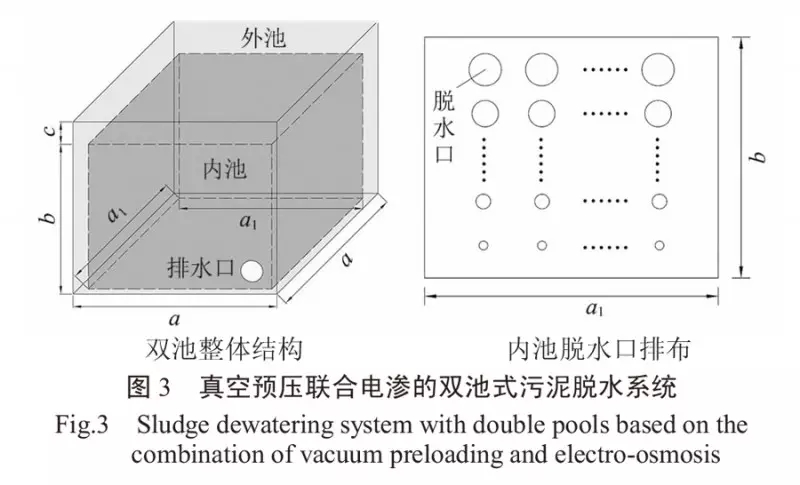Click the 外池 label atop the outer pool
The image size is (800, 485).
[x=264, y=38]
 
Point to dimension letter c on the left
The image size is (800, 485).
[x=62, y=131]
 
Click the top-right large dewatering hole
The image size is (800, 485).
[x=659, y=69]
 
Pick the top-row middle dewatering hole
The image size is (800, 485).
[x=541, y=69]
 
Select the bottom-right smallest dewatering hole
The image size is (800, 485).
[x=659, y=245]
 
